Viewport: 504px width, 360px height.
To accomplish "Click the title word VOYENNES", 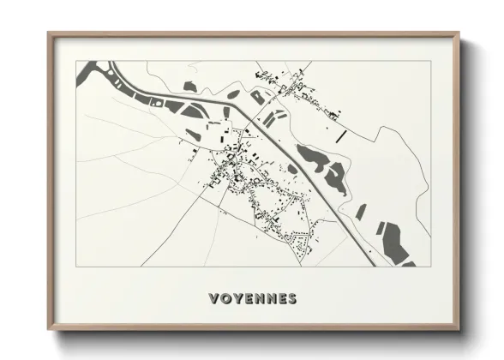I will pyautogui.click(x=253, y=299).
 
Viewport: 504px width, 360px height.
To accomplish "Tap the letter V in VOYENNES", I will pyautogui.click(x=214, y=299).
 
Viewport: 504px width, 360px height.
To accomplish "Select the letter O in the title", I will pyautogui.click(x=225, y=299).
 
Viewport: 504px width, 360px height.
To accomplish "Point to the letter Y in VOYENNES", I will pyautogui.click(x=237, y=299).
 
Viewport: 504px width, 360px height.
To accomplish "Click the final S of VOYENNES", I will pyautogui.click(x=292, y=299).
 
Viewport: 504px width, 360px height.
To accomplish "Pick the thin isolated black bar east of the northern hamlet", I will pyautogui.click(x=340, y=135).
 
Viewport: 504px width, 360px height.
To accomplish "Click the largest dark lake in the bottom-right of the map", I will pyautogui.click(x=395, y=241).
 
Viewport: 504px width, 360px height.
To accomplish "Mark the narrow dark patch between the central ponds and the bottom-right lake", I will pyautogui.click(x=361, y=211).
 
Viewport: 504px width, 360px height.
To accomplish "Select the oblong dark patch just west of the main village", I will pyautogui.click(x=195, y=135).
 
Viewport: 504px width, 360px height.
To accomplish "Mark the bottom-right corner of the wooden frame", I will pyautogui.click(x=459, y=328).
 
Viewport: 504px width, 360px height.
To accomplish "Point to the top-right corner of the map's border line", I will pyautogui.click(x=430, y=61).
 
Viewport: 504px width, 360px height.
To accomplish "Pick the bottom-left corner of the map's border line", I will pyautogui.click(x=76, y=267).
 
